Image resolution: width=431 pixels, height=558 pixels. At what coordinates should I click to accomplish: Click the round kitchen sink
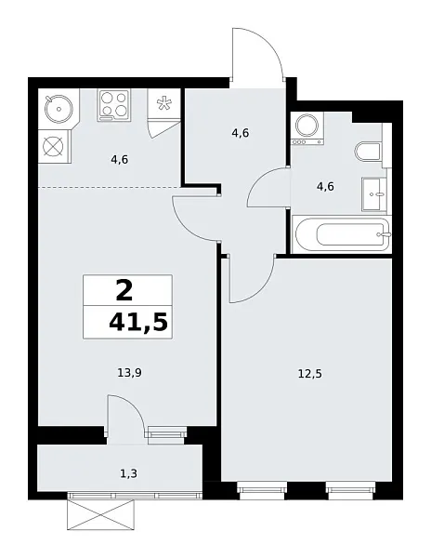58,108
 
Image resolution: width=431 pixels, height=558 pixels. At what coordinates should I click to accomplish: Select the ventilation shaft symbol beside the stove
164,105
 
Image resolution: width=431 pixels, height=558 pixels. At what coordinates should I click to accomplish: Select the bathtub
339,232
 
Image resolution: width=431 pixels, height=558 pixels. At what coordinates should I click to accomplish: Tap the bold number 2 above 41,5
124,291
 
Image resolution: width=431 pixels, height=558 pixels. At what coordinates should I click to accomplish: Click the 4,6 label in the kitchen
119,160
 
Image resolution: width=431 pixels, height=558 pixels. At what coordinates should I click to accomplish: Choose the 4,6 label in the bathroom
325,186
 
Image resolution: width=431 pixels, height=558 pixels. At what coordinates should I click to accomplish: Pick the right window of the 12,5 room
350,485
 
